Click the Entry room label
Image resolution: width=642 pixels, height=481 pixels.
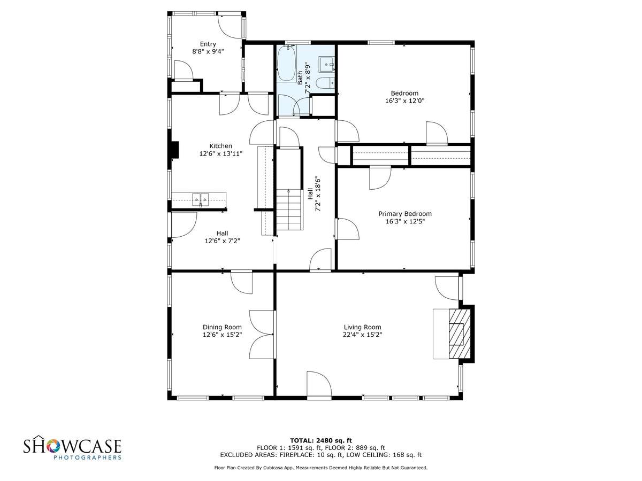(x=208, y=44)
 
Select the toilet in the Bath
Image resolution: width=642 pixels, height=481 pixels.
(x=325, y=83)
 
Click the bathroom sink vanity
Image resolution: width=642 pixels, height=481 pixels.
(x=326, y=64)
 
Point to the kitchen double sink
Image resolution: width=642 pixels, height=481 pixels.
(x=200, y=199)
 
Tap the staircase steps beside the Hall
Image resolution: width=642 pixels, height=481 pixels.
(x=289, y=210)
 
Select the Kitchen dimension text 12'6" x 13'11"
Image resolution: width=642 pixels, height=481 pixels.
(x=221, y=153)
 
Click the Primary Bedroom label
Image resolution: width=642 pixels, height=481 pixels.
(x=405, y=214)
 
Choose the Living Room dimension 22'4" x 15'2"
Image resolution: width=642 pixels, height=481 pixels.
(x=362, y=335)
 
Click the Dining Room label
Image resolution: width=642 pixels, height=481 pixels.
(x=222, y=327)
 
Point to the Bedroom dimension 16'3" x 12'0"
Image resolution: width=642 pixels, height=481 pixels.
(x=404, y=101)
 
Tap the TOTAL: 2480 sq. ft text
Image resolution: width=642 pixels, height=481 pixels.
(x=321, y=440)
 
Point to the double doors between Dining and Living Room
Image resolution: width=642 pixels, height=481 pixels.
(x=262, y=335)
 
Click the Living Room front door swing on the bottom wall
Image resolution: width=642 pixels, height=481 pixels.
(x=319, y=383)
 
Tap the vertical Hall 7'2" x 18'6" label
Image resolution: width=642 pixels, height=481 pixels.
(x=314, y=193)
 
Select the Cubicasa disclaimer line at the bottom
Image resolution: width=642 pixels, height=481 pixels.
(x=321, y=468)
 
